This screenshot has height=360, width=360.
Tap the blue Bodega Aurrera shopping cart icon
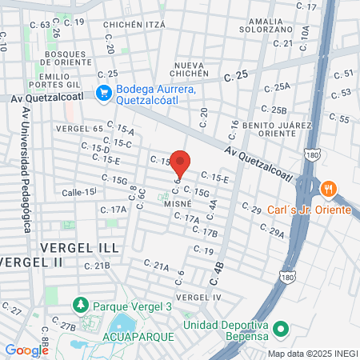click(102, 93)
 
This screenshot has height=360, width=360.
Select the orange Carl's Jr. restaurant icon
click(327, 190)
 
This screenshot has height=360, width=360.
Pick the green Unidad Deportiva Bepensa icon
click(280, 330)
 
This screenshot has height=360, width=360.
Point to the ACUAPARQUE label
click(138, 337)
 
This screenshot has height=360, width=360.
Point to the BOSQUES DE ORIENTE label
click(70, 58)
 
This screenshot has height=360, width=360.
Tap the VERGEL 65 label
click(79, 128)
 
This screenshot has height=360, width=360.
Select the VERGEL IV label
click(198, 297)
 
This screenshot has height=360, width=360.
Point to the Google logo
click(26, 350)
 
